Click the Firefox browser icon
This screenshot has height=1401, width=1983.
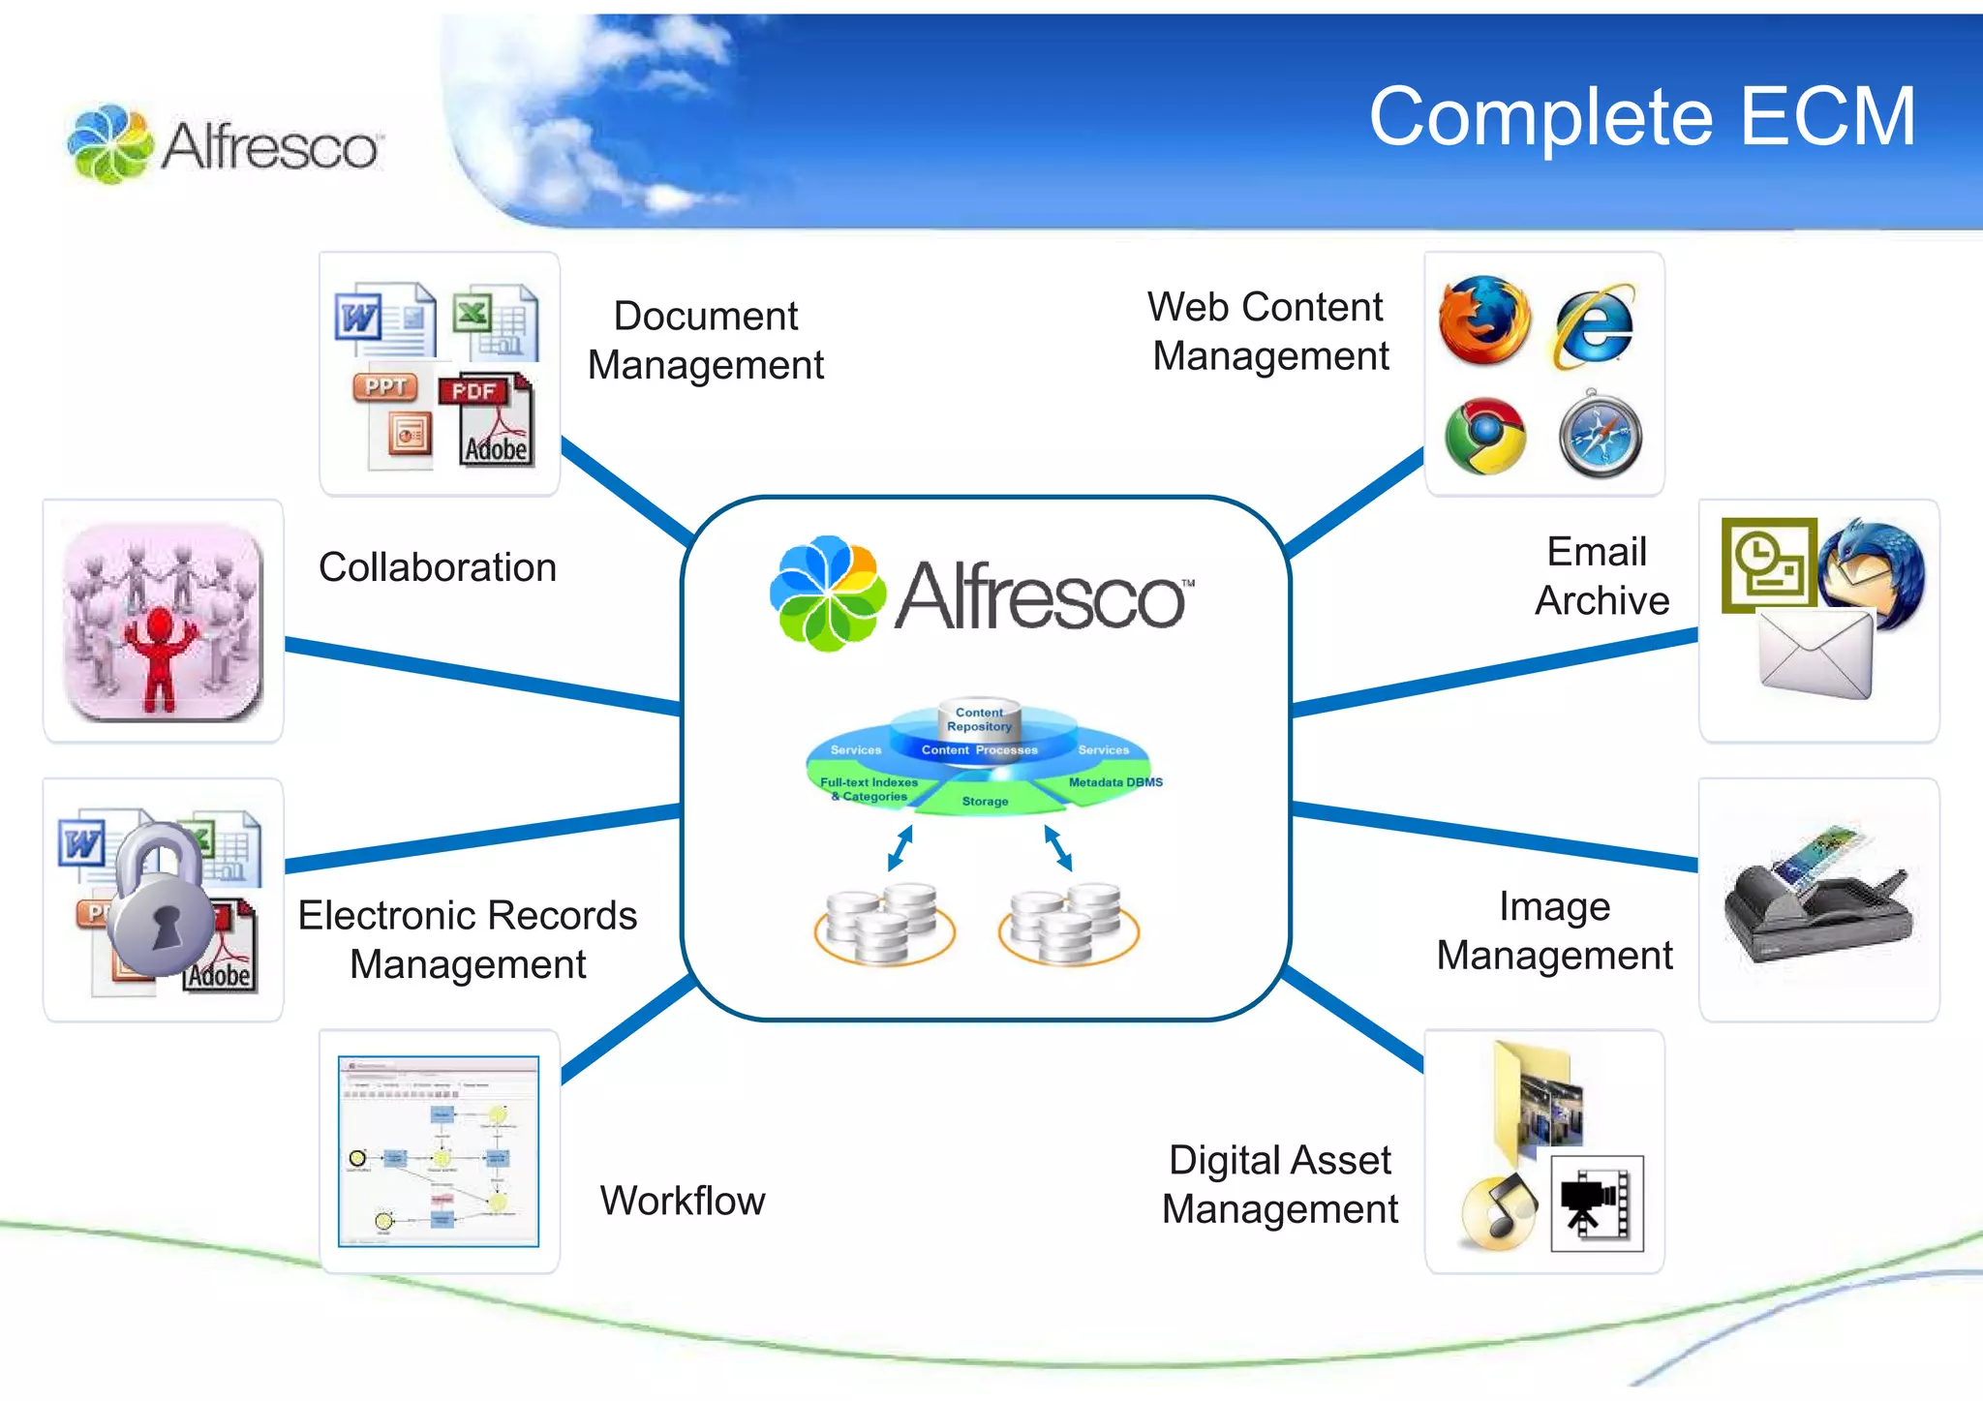pos(1483,320)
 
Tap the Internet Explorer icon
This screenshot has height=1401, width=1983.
pos(1595,326)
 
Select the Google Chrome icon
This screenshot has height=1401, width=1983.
pos(1484,436)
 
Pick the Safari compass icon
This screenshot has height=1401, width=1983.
pos(1600,436)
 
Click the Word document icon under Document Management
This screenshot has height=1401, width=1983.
pos(384,320)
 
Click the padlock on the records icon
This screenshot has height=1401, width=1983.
pos(162,899)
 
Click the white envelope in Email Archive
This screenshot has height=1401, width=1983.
pos(1815,655)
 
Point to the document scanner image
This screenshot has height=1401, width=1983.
pos(1816,896)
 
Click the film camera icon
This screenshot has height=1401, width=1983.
pos(1597,1203)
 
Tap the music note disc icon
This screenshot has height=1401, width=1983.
pos(1498,1211)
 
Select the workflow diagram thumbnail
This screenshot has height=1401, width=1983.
pos(439,1151)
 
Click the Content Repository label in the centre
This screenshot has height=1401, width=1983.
pos(979,719)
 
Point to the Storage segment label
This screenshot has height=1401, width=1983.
pos(985,801)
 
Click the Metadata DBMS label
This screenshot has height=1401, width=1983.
pos(1114,782)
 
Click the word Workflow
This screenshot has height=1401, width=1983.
pos(683,1201)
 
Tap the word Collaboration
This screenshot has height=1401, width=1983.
pos(438,567)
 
